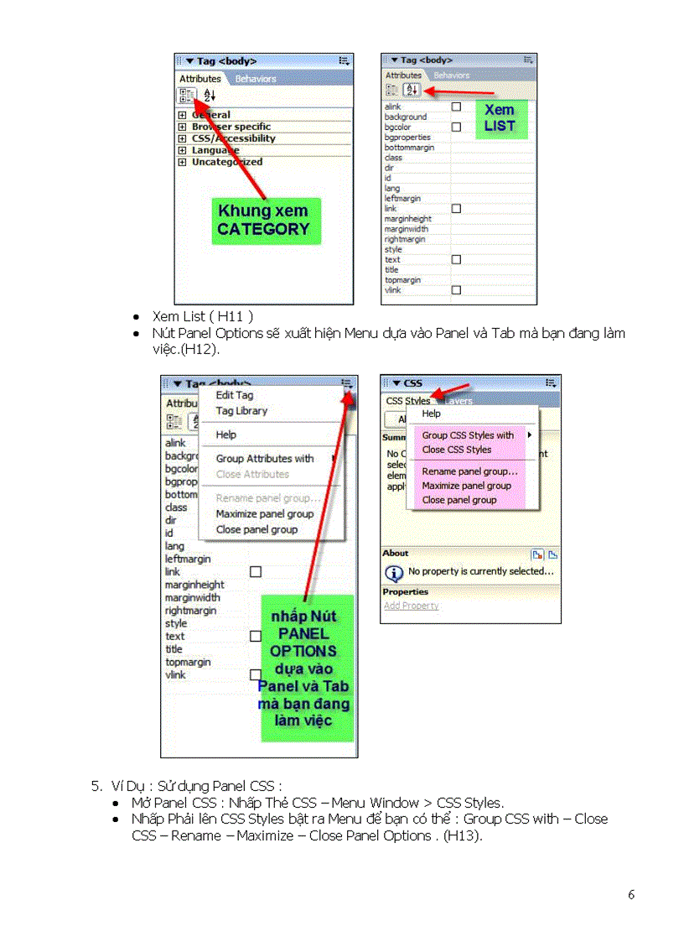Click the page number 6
(x=631, y=894)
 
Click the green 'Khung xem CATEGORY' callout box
(x=263, y=220)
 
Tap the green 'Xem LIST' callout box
(x=500, y=118)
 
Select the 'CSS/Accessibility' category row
(x=233, y=138)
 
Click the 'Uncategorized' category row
(x=226, y=162)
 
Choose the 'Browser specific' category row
(x=231, y=127)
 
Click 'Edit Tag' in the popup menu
(x=235, y=395)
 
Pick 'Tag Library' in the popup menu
(x=241, y=411)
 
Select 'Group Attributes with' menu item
(x=265, y=459)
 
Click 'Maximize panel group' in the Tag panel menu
(x=264, y=514)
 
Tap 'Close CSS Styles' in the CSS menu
(x=456, y=450)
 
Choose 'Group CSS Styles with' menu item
(x=468, y=435)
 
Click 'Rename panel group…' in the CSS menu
(x=469, y=471)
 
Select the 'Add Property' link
(x=411, y=606)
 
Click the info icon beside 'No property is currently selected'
(x=393, y=572)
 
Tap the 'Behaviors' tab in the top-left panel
(x=256, y=79)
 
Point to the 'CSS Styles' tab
(x=407, y=401)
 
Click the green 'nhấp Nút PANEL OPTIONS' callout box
(x=307, y=668)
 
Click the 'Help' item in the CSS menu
(x=431, y=414)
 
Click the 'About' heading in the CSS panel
(x=396, y=554)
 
